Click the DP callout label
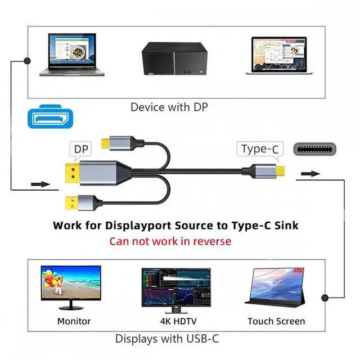(81, 149)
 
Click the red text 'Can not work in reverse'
(170, 241)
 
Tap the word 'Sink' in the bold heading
(283, 226)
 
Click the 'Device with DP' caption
(169, 106)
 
